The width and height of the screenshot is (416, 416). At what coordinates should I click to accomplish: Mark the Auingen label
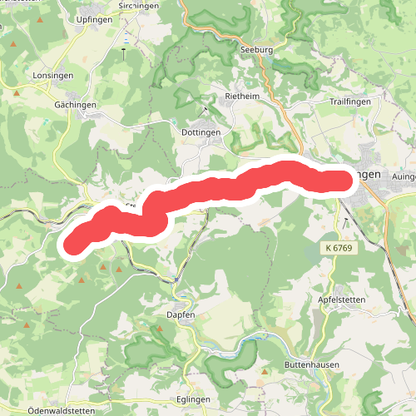tap(400, 176)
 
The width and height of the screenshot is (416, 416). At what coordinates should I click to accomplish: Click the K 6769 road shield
tap(337, 249)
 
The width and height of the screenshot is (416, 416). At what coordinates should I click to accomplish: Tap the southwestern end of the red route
tap(74, 243)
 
